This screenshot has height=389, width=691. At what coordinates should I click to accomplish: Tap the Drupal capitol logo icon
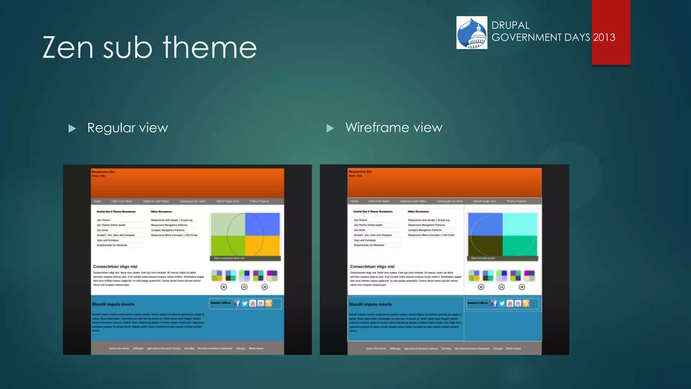(x=472, y=33)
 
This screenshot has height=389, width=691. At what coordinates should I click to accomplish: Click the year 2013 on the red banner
(x=604, y=37)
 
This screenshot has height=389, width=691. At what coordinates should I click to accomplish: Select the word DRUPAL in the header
(x=510, y=25)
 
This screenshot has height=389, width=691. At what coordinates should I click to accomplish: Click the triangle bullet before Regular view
(x=72, y=128)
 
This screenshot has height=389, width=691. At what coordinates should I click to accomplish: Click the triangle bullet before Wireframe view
(x=330, y=128)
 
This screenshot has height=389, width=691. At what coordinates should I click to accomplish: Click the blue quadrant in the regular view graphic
(x=262, y=224)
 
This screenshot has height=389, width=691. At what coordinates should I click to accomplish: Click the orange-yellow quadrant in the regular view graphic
(x=262, y=245)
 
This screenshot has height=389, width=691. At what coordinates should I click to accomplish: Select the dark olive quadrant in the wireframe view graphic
(x=485, y=246)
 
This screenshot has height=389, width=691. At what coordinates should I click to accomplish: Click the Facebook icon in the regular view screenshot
(x=238, y=303)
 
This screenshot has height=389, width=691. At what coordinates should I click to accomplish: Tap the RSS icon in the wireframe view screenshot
(x=526, y=303)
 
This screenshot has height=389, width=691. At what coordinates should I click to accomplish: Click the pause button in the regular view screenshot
(x=244, y=287)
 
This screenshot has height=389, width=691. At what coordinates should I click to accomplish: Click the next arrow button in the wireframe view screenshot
(x=522, y=287)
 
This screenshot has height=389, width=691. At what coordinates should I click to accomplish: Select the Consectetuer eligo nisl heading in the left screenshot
(x=115, y=266)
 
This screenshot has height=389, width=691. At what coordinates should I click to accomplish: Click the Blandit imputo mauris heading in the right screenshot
(x=370, y=304)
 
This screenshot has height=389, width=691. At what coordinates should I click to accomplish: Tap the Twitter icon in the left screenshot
(x=245, y=303)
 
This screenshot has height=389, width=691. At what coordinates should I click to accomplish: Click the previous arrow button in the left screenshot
(x=224, y=287)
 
